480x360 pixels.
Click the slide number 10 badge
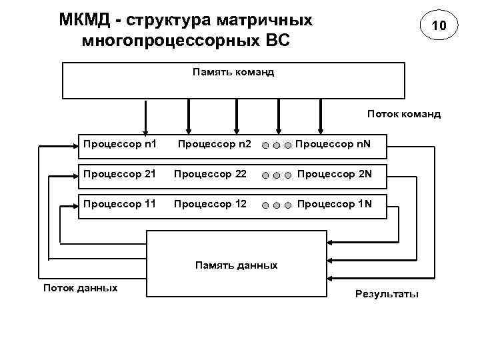tap(438, 26)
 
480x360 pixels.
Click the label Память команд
tap(233, 71)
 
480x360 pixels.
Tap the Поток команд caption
tap(403, 114)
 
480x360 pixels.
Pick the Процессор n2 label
tap(215, 143)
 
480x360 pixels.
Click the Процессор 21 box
tap(119, 175)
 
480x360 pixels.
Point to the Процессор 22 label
tap(210, 175)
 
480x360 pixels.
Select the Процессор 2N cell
tap(334, 175)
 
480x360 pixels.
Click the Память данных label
tap(236, 265)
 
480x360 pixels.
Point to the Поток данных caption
tap(80, 288)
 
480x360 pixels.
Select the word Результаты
tap(387, 294)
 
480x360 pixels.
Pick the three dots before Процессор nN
tap(275, 144)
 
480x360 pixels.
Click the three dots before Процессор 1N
tap(275, 205)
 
